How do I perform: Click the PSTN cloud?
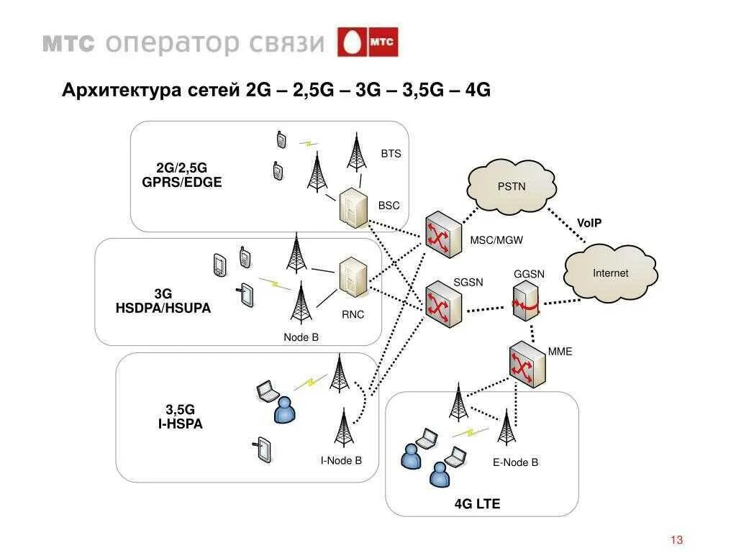click(512, 186)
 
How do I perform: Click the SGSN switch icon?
click(442, 305)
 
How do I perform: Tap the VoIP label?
click(589, 223)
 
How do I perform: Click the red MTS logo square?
click(368, 42)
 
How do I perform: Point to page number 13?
click(676, 540)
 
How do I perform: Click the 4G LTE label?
click(477, 504)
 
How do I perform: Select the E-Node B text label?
click(515, 462)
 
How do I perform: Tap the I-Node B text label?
click(341, 460)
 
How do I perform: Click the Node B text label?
click(301, 337)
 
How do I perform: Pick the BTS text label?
click(391, 154)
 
